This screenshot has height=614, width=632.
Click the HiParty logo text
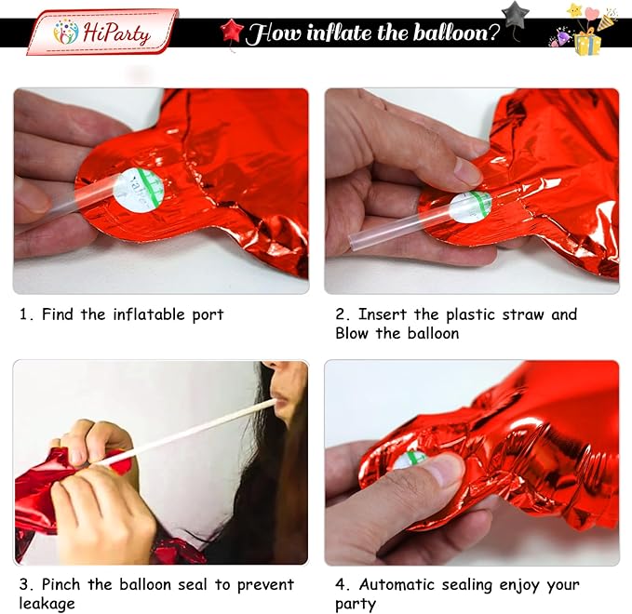click(x=116, y=33)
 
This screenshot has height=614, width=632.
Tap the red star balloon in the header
click(x=232, y=31)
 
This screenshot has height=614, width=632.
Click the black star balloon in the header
click(x=515, y=15)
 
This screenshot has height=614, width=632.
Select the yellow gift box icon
click(x=587, y=44)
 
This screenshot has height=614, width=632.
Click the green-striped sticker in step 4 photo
click(x=410, y=460)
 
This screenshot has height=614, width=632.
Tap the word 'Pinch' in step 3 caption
click(x=61, y=584)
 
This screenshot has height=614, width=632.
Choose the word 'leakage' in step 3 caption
click(x=47, y=604)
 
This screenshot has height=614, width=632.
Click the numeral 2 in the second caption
click(x=340, y=314)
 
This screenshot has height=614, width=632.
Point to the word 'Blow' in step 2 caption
click(x=352, y=334)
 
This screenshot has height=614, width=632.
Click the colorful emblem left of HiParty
click(x=66, y=32)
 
